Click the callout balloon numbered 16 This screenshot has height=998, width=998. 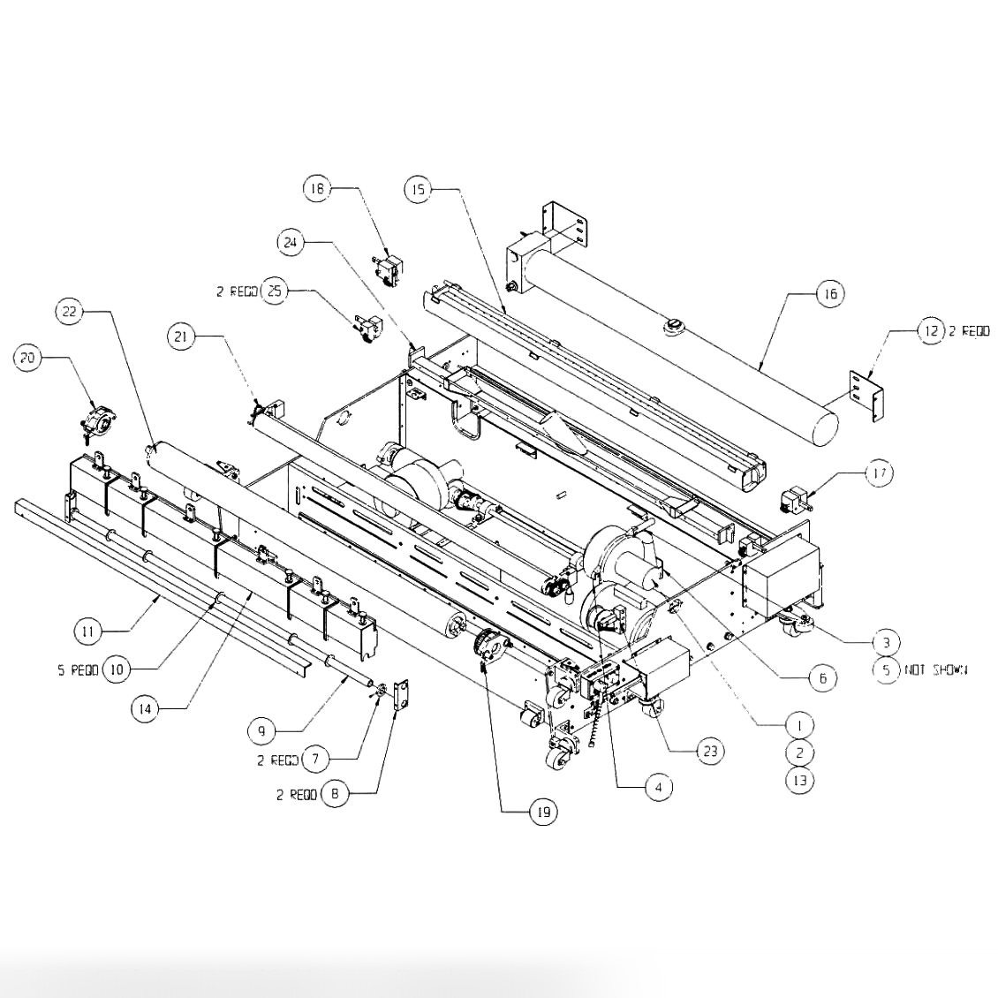click(x=829, y=293)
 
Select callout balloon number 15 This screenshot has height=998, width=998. click(x=419, y=189)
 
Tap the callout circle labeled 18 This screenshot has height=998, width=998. click(x=317, y=188)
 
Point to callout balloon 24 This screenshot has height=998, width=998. click(x=291, y=241)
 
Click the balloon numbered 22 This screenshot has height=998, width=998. click(x=70, y=311)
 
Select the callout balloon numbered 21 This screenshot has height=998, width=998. click(x=181, y=337)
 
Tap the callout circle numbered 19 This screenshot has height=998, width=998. click(x=541, y=812)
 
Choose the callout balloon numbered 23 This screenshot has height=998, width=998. click(x=710, y=752)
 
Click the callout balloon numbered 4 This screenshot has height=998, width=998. click(x=658, y=787)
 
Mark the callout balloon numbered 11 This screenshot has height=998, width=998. click(x=87, y=631)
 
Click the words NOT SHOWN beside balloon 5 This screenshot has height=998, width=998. click(x=935, y=670)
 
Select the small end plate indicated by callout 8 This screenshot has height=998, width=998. click(x=402, y=697)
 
